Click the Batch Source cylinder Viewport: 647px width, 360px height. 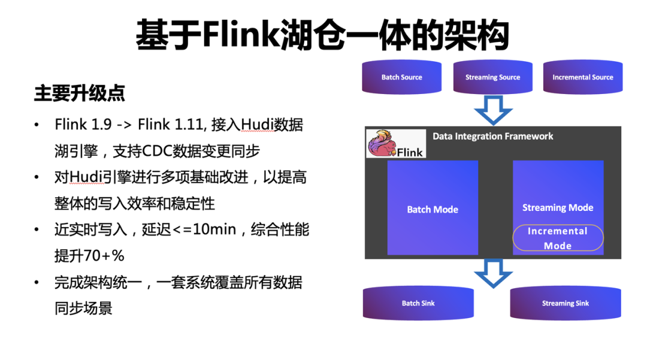coord(401,77)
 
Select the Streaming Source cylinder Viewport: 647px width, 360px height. coord(492,77)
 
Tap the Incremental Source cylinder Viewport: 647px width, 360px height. coord(582,77)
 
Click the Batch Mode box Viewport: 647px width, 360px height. coord(433,208)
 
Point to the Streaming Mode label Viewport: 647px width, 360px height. coord(558,208)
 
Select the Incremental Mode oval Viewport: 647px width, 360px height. coord(558,238)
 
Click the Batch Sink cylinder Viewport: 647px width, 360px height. coord(418,303)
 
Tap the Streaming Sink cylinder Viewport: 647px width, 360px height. coord(565,303)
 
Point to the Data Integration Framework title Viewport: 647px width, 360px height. coord(493,137)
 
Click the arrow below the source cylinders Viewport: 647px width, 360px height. coord(493,110)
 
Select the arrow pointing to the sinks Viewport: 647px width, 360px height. coord(493,273)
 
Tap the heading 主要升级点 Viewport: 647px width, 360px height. coord(79,93)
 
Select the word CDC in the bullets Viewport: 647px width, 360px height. coord(157,151)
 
